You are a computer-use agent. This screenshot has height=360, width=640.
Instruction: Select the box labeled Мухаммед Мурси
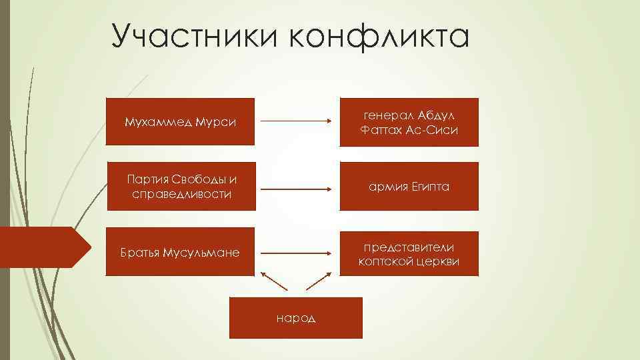[180, 122]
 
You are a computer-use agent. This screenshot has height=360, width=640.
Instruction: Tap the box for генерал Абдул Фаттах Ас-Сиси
[409, 122]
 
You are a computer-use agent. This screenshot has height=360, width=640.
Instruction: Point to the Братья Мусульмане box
[180, 253]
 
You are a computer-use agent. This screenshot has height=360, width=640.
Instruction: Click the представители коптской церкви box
[409, 253]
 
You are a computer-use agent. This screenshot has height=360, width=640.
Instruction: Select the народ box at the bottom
[296, 317]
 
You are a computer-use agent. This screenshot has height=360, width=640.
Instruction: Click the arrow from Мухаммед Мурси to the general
[296, 121]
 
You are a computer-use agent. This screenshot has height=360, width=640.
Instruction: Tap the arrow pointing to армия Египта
[296, 189]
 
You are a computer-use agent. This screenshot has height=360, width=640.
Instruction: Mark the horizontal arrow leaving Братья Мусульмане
[296, 253]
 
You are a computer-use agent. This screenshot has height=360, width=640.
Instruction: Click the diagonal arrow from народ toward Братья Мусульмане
[274, 281]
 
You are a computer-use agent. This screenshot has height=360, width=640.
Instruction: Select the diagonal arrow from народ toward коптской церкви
[319, 281]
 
